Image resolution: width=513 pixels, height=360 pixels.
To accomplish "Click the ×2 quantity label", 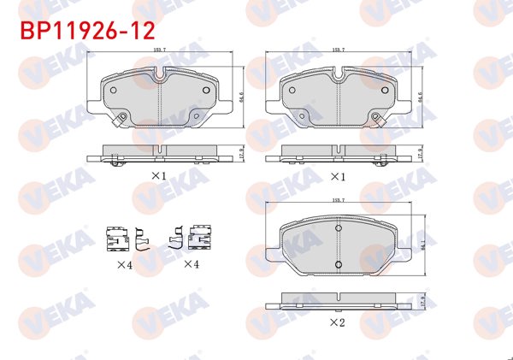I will (337, 324).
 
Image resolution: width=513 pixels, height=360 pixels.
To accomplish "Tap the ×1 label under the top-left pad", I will (158, 175).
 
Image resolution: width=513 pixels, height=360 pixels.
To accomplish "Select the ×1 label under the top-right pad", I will (337, 176).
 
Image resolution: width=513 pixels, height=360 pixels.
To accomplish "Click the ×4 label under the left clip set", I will (125, 265).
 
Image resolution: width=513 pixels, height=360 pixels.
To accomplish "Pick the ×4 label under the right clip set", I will (191, 265).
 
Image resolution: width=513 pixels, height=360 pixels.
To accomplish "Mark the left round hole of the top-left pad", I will (114, 88).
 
